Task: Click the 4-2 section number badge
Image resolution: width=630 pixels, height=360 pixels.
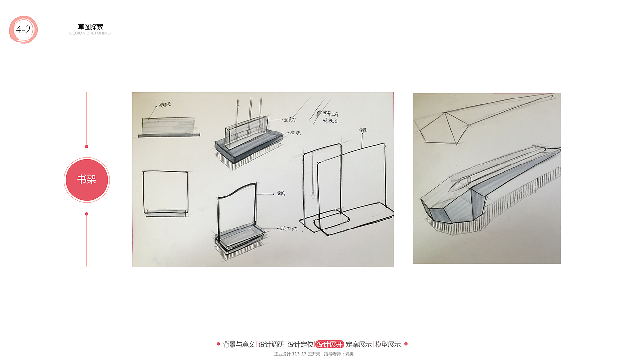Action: point(23,30)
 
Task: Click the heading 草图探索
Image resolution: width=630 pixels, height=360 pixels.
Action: point(91,27)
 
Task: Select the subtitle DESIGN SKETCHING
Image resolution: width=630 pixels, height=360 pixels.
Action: point(90,33)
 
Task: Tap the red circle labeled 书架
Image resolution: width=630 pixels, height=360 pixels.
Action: point(87,180)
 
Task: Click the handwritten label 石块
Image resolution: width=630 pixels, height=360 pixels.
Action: point(295,132)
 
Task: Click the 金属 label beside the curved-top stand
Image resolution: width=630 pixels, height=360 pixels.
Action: point(281,194)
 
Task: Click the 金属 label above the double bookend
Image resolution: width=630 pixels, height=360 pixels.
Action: point(363,130)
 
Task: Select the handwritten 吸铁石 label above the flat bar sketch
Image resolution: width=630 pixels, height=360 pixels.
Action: point(163,105)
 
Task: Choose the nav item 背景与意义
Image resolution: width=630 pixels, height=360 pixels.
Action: point(239,345)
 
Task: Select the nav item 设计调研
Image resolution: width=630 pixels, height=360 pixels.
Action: point(271,345)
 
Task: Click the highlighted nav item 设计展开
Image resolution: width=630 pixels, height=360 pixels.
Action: point(329,345)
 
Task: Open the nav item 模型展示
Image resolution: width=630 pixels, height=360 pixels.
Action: point(388,345)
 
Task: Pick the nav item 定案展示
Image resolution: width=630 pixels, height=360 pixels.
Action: point(358,345)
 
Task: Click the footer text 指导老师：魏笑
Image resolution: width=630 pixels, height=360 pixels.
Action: point(339,354)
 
